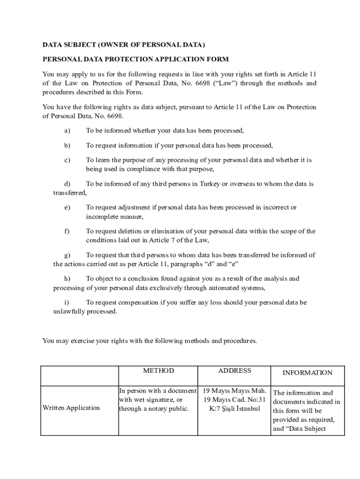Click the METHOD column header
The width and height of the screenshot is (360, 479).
[x=158, y=371]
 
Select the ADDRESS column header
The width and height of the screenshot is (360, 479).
[x=234, y=371]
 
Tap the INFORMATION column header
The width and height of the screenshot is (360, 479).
[x=307, y=373]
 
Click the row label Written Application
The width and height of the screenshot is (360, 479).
[x=71, y=408]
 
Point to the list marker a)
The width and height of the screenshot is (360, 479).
[x=67, y=131]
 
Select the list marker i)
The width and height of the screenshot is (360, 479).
[x=66, y=303]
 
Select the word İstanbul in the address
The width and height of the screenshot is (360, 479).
[x=248, y=408]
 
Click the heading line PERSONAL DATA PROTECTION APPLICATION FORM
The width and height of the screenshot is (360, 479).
[x=136, y=59]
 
